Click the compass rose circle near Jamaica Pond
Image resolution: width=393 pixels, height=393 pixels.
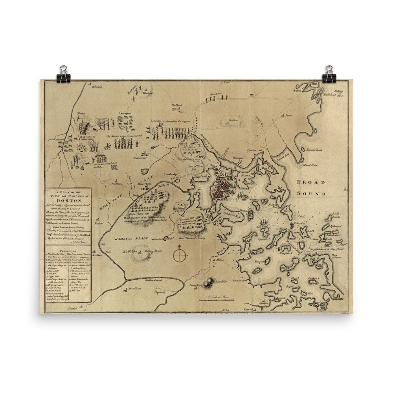[x=179, y=255]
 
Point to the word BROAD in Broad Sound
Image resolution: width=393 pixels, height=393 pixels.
[x=310, y=183]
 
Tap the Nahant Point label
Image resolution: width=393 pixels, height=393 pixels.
[x=310, y=165]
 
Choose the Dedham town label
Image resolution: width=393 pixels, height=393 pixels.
[x=135, y=288]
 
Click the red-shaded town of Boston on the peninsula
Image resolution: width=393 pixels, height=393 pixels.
[x=221, y=190]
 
